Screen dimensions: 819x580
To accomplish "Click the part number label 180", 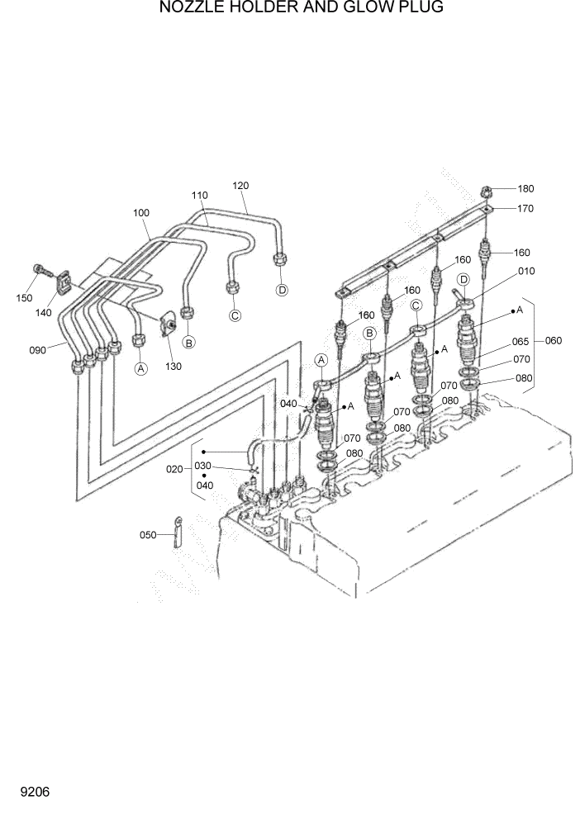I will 525,189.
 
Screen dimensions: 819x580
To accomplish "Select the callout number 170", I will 525,209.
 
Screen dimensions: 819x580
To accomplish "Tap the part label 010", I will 526,271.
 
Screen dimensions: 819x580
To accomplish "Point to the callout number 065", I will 520,341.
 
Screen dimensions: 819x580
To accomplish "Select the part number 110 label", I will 199,196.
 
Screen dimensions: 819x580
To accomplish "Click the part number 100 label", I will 141,213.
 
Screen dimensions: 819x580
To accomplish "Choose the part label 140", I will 44,313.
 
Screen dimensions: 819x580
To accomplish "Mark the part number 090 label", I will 37,350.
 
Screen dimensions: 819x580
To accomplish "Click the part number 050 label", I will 148,535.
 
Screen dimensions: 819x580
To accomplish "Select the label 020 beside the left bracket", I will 174,469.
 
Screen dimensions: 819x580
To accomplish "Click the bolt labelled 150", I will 41,268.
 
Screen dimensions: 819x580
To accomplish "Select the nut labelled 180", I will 487,191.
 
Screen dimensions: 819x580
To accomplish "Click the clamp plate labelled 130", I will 168,324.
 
